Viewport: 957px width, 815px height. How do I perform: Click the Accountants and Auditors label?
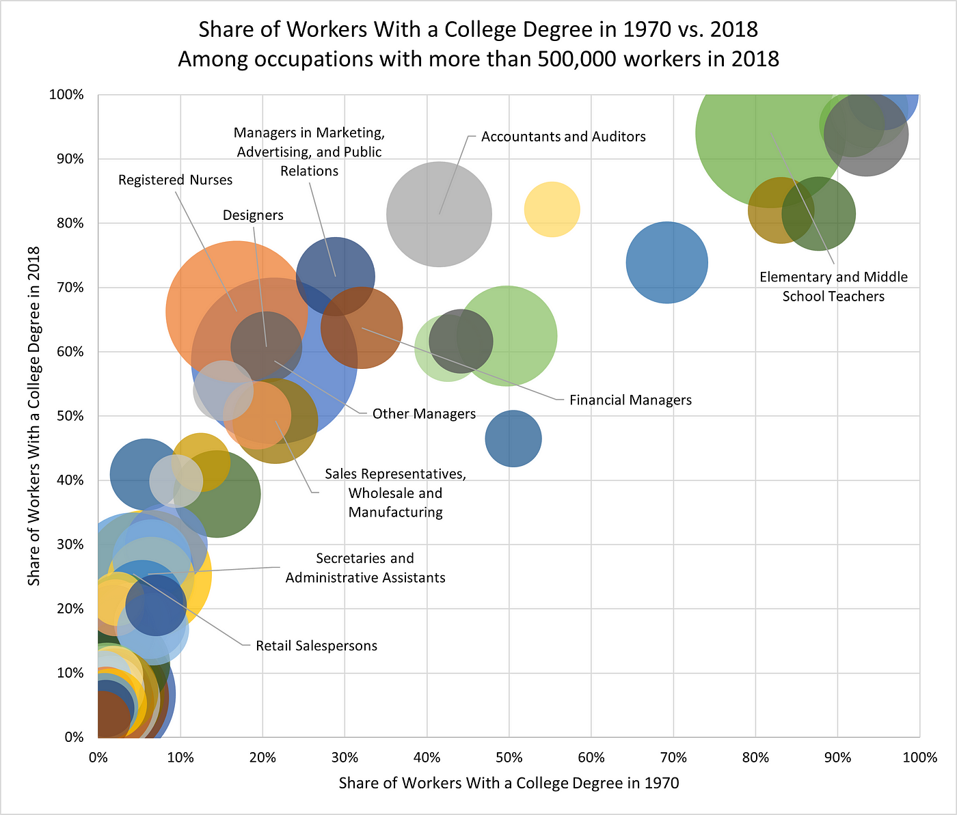point(563,137)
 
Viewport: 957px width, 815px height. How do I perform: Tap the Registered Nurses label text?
point(175,180)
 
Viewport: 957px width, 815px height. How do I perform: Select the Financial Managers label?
point(630,400)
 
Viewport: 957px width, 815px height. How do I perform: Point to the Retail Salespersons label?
point(316,646)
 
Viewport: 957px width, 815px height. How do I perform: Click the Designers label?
point(253,215)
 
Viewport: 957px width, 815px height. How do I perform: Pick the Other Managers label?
point(424,414)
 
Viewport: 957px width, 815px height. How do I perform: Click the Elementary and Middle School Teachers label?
point(833,286)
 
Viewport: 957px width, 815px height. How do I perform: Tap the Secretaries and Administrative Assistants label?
point(365,568)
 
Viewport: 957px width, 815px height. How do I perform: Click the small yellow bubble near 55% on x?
point(552,209)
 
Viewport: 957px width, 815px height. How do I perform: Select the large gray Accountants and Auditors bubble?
point(439,215)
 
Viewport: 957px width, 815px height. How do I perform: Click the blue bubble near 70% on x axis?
point(666,262)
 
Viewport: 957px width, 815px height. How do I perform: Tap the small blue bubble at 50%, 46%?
point(513,439)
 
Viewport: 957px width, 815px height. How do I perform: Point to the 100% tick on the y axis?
point(66,95)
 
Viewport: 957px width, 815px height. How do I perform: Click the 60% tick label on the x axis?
point(591,757)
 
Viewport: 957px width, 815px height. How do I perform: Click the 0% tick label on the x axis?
point(98,757)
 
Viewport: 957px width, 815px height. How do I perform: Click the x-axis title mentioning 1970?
point(509,783)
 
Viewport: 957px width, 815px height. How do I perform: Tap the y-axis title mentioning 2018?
point(33,415)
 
